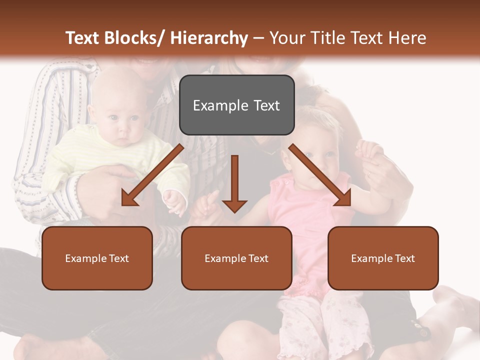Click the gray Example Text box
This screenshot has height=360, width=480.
point(236,105)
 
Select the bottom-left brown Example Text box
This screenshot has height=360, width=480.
point(97,258)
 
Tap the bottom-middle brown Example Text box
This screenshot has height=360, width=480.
point(236,258)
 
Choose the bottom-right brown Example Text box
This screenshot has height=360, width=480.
point(383,258)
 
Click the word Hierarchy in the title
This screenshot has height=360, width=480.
point(208,38)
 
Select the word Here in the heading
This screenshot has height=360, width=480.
point(408,38)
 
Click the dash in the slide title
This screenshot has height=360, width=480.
point(258,38)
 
